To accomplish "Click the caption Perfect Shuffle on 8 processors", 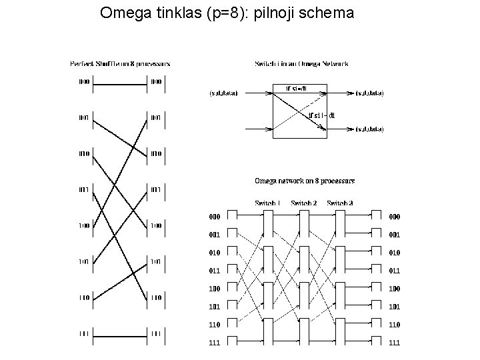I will click(120, 64).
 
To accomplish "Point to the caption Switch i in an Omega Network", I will click(301, 64).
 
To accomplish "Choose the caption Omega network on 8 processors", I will click(305, 180).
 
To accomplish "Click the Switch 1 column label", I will click(267, 203).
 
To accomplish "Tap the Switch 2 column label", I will click(304, 203).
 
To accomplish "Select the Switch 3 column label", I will click(340, 203).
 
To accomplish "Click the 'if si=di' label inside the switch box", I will click(296, 88).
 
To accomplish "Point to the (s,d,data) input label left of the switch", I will click(223, 93).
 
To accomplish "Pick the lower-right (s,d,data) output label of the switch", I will click(369, 129).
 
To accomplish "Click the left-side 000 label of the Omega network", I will click(214, 217).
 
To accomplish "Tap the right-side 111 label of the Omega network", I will click(395, 343).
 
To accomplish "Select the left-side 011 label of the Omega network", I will click(214, 271).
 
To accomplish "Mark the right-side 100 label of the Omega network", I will click(395, 289).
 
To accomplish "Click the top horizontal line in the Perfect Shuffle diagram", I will click(120, 82).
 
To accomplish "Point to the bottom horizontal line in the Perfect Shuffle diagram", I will click(120, 333).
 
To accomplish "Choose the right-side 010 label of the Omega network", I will click(395, 253).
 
